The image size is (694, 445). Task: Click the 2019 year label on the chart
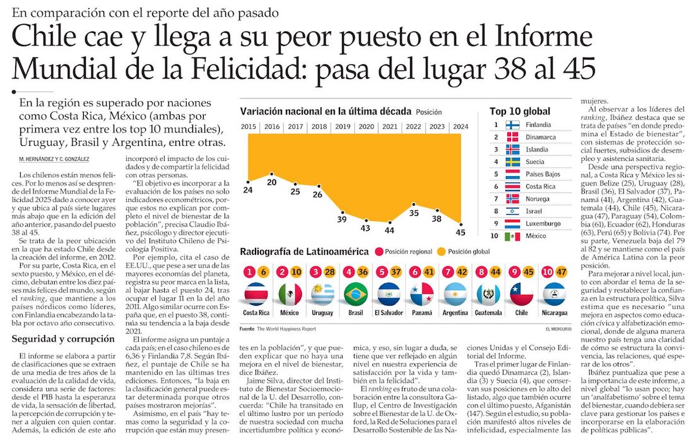click(x=343, y=126)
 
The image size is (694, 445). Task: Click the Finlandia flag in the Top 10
click(x=512, y=125)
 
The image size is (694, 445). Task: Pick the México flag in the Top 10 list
click(x=512, y=236)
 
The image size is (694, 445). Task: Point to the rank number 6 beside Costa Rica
click(x=496, y=187)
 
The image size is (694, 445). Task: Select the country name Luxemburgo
click(x=544, y=223)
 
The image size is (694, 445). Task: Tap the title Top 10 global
click(x=519, y=112)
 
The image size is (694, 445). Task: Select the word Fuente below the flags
click(x=247, y=329)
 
